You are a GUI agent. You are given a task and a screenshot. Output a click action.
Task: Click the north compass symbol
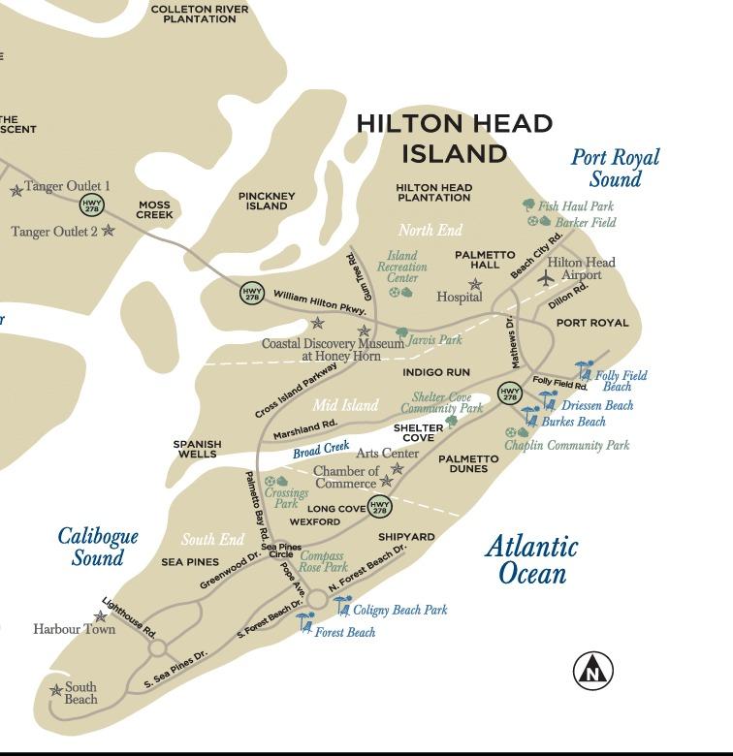click(593, 670)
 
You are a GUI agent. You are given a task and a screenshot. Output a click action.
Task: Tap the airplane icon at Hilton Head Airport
click(547, 278)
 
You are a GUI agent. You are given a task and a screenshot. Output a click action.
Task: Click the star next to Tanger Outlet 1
click(16, 191)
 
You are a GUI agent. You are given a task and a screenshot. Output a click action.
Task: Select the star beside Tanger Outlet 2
click(109, 231)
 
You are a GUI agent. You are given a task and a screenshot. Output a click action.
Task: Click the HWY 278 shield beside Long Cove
click(380, 506)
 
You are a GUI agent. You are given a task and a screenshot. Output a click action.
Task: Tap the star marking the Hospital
click(475, 285)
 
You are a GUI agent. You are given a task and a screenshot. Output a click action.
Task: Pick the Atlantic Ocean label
click(531, 559)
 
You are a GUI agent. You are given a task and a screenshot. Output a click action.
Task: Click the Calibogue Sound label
click(98, 547)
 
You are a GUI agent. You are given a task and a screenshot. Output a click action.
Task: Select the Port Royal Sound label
click(615, 168)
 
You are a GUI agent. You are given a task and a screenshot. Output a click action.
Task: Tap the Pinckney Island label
click(267, 201)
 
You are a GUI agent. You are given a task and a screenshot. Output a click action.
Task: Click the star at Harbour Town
click(100, 616)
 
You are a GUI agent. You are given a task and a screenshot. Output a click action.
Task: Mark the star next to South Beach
click(55, 690)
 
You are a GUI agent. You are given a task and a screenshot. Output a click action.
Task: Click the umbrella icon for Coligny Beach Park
click(342, 606)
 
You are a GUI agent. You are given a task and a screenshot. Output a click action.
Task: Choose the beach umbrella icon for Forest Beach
click(306, 621)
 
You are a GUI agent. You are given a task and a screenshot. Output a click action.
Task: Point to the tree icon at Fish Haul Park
click(528, 205)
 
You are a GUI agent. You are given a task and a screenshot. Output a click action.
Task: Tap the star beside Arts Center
click(397, 469)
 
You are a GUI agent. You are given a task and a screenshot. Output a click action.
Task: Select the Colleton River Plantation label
click(200, 14)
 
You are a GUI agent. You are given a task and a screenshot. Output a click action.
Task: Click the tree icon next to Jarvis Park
click(401, 333)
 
